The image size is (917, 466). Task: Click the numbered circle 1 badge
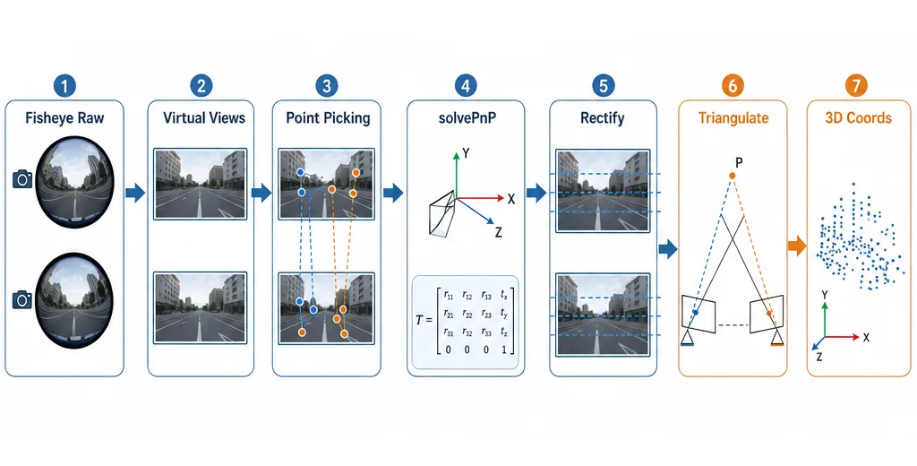point(64,87)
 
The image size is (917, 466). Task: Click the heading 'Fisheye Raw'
point(64,118)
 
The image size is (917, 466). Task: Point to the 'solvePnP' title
point(465,118)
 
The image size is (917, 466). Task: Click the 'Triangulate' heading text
point(733,118)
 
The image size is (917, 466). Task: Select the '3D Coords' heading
point(859,118)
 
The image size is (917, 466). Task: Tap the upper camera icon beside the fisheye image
point(22,179)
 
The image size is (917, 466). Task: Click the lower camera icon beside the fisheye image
point(22,299)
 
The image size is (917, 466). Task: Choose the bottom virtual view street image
point(200,307)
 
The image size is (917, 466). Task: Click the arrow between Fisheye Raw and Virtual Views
point(135,193)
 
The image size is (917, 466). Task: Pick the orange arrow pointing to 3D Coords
point(796,246)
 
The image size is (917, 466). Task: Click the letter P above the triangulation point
point(739,162)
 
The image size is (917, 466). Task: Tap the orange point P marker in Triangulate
point(732,177)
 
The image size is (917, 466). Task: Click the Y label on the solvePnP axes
point(467,153)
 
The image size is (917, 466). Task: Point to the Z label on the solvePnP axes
point(498,232)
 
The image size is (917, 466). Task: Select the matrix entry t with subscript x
point(504,295)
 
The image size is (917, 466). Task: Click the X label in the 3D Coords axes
point(866,338)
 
